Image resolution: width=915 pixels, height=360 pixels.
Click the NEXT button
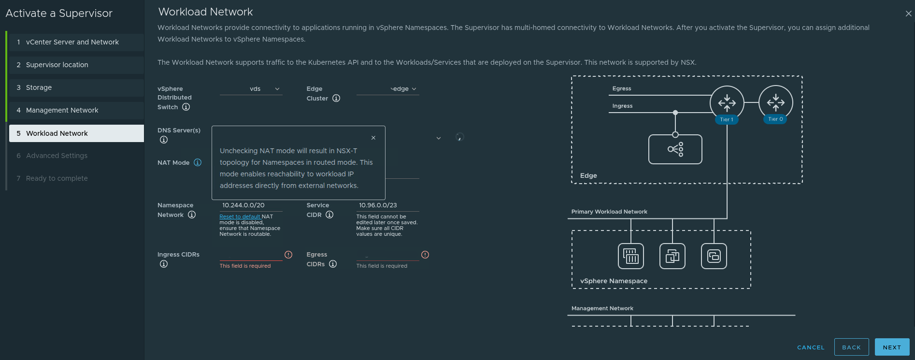tap(892, 347)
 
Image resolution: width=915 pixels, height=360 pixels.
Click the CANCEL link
tap(811, 347)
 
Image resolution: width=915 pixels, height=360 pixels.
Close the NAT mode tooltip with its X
tap(373, 138)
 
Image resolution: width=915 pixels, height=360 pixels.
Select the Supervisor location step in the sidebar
tap(57, 65)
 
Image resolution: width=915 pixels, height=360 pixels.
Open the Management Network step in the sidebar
tap(62, 110)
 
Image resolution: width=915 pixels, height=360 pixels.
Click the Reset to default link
tap(240, 216)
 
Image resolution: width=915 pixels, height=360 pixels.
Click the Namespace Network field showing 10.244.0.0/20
tap(250, 205)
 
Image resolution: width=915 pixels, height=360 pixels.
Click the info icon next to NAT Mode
tap(198, 162)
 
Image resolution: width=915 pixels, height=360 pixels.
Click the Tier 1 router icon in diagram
tap(727, 102)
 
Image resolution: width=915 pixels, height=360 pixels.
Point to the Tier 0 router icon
tap(775, 102)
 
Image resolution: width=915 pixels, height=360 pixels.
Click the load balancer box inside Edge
tap(675, 149)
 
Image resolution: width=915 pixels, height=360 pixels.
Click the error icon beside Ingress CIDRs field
tap(288, 255)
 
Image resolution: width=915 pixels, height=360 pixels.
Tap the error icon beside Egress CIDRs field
tap(425, 255)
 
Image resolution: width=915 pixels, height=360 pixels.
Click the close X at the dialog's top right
tap(908, 14)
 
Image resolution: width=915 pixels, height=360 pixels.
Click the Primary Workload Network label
tap(609, 212)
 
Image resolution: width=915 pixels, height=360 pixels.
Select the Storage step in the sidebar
tap(39, 87)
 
